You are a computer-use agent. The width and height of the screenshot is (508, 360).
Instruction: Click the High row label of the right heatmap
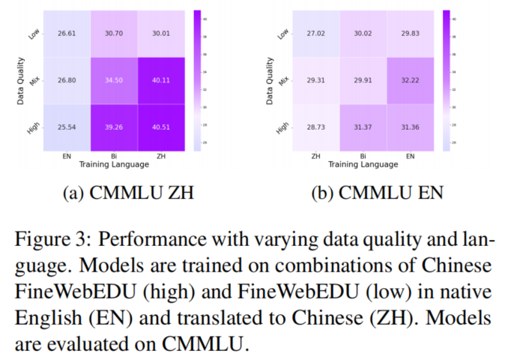pyautogui.click(x=280, y=127)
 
